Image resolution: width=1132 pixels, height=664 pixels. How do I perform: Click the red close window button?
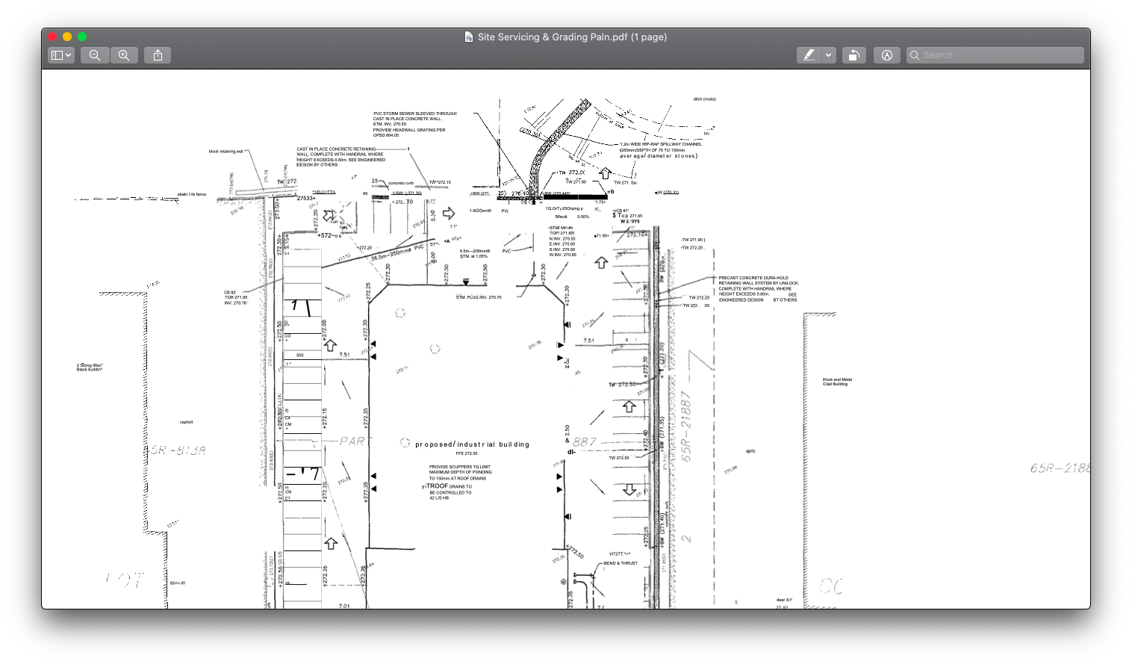52,37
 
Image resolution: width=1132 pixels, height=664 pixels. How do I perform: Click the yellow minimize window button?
67,37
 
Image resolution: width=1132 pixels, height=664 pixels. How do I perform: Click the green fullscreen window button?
82,37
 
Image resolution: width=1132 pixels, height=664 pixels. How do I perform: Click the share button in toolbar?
158,55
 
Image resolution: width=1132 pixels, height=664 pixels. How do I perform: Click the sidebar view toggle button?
60,55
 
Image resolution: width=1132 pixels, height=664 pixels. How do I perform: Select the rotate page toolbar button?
854,55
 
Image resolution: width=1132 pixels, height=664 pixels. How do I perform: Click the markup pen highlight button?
809,55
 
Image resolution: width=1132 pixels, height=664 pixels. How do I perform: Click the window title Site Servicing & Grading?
572,37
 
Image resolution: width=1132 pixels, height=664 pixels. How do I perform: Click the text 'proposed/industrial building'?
472,444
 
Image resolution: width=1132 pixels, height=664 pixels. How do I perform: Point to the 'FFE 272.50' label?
467,453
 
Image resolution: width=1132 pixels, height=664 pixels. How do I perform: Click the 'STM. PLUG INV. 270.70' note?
479,297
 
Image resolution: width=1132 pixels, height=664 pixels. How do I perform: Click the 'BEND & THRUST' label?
621,563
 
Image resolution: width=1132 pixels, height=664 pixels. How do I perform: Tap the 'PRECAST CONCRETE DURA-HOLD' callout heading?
753,278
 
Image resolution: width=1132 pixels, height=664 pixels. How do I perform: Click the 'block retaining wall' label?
226,152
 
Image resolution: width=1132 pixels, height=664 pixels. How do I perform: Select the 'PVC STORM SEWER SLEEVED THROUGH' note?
414,114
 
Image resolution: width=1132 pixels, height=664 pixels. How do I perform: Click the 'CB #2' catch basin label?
230,292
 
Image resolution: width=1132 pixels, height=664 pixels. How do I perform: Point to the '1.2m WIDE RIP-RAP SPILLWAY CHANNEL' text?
661,144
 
